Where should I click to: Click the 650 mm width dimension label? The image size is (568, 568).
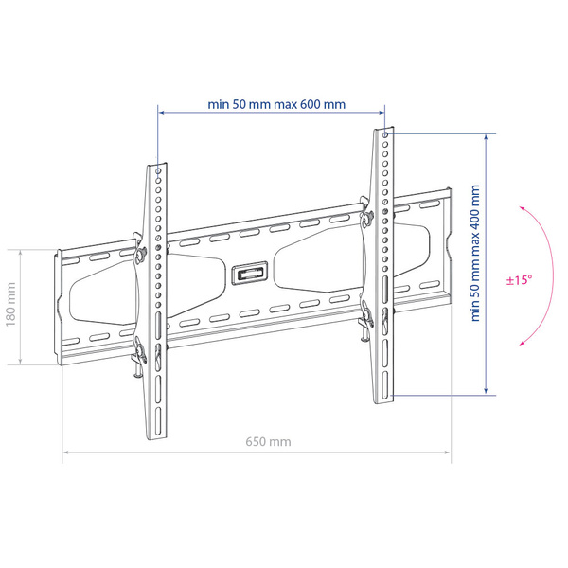pyautogui.click(x=268, y=442)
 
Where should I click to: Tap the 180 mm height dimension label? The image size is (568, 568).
pyautogui.click(x=10, y=304)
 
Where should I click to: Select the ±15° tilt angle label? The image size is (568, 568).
pyautogui.click(x=519, y=280)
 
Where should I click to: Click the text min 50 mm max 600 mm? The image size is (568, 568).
pyautogui.click(x=276, y=104)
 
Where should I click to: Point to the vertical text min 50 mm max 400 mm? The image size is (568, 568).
pyautogui.click(x=475, y=253)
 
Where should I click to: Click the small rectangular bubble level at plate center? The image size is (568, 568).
pyautogui.click(x=250, y=274)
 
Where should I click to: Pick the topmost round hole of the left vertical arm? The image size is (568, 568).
pyautogui.click(x=158, y=170)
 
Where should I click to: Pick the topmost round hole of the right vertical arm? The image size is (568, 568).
pyautogui.click(x=385, y=135)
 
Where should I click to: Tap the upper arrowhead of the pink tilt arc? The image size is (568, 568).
pyautogui.click(x=522, y=208)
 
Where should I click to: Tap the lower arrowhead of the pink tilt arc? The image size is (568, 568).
pyautogui.click(x=522, y=343)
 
